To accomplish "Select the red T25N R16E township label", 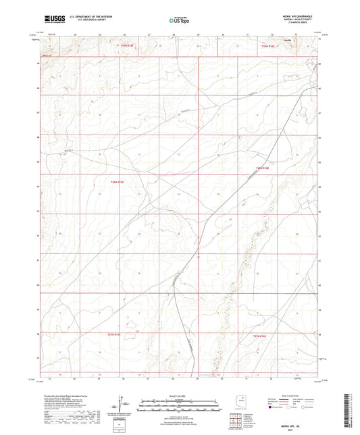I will click(269, 46).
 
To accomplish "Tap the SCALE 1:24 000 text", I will click(180, 395).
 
